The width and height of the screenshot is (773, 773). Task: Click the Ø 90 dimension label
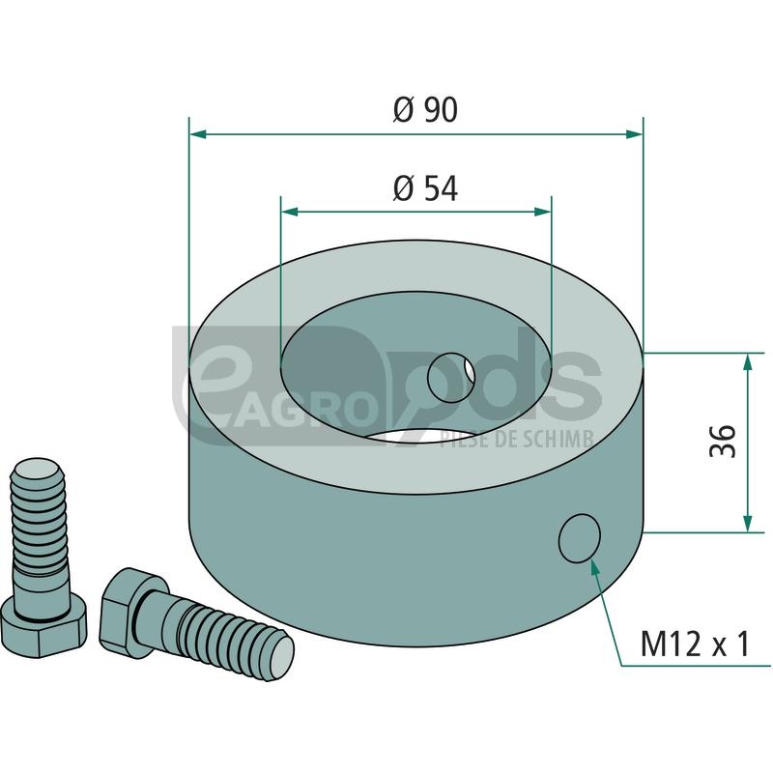pyautogui.click(x=425, y=109)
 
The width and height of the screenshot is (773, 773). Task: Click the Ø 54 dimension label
pyautogui.click(x=425, y=188)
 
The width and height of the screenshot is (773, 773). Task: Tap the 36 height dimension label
pyautogui.click(x=723, y=441)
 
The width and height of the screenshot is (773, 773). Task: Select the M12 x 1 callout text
pyautogui.click(x=695, y=643)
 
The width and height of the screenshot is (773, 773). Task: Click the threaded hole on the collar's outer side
pyautogui.click(x=579, y=538)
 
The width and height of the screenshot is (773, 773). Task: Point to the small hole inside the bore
pyautogui.click(x=451, y=378)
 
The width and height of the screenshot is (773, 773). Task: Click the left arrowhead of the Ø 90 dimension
pyautogui.click(x=198, y=134)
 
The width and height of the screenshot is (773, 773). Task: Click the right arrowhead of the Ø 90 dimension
pyautogui.click(x=635, y=134)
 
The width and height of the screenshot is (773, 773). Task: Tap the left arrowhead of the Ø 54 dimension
pyautogui.click(x=289, y=212)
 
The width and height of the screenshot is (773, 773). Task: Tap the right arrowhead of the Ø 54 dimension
pyautogui.click(x=543, y=212)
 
